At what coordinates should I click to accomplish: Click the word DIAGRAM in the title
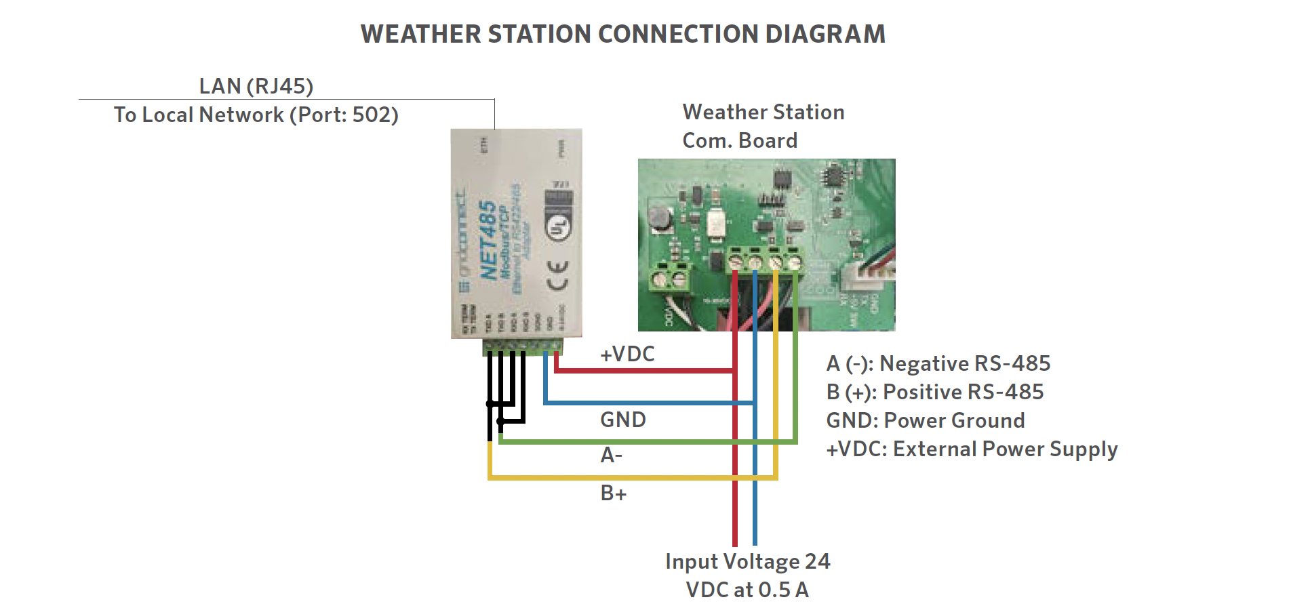coord(825,34)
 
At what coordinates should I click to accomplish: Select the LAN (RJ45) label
coord(256,86)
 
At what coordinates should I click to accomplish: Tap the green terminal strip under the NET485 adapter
coord(522,347)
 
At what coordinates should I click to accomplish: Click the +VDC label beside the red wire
coord(627,354)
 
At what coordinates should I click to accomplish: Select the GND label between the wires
coord(622,420)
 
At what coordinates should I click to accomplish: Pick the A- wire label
coord(611,455)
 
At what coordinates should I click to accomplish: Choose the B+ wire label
coord(613,493)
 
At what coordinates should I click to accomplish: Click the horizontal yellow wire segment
coord(631,478)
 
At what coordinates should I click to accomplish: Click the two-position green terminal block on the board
coord(668,278)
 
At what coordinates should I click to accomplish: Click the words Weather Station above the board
coord(763,112)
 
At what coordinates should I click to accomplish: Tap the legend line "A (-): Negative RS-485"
coord(938,363)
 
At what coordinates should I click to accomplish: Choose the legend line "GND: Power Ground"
coord(925,420)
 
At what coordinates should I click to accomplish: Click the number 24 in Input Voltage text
coord(817,561)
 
